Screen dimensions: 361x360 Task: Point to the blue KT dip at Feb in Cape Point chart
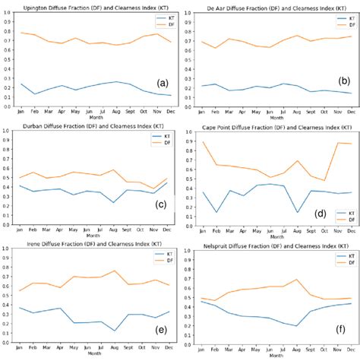click(218, 212)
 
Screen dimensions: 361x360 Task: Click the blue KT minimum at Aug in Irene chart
click(115, 330)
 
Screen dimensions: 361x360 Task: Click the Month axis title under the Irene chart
click(93, 353)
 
